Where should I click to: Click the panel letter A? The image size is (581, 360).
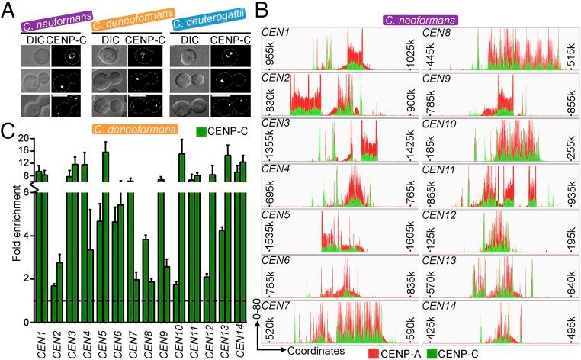8,8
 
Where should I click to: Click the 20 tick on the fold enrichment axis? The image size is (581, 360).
23,139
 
